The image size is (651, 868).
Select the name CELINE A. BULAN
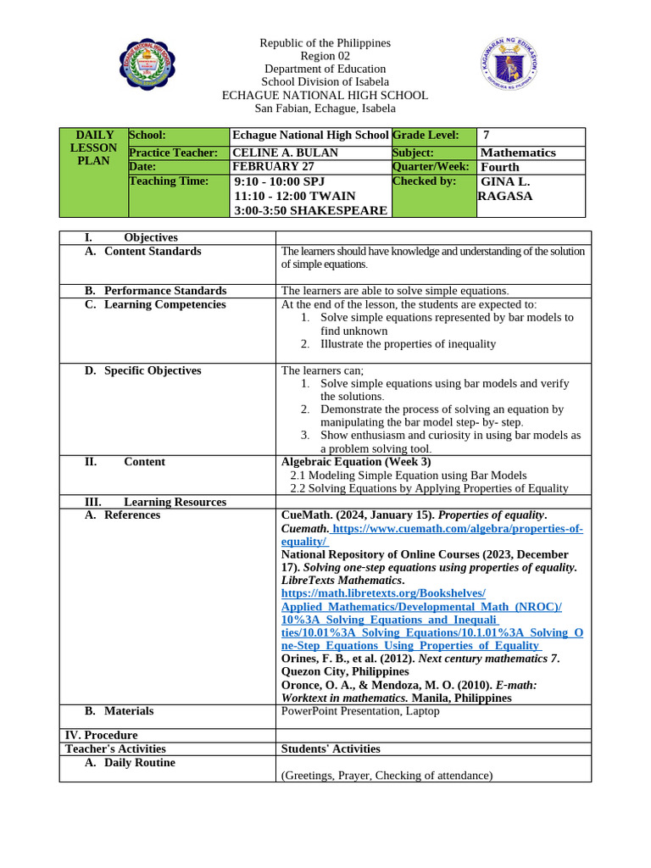tap(273, 153)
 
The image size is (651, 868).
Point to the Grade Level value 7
tap(487, 136)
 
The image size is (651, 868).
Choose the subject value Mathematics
tap(518, 153)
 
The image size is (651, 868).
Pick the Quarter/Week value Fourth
tap(500, 167)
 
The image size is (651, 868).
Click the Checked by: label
tap(424, 181)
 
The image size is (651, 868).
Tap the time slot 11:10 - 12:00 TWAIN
tap(294, 196)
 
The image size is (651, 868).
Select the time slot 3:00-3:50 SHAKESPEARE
tap(310, 210)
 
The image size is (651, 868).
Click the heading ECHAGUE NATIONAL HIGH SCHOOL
tap(325, 96)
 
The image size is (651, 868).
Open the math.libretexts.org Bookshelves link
tap(383, 593)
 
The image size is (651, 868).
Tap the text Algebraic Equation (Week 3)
tap(356, 462)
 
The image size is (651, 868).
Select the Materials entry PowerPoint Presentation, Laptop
tap(360, 711)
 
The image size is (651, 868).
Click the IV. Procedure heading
tap(101, 735)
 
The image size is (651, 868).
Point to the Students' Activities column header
tap(331, 748)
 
